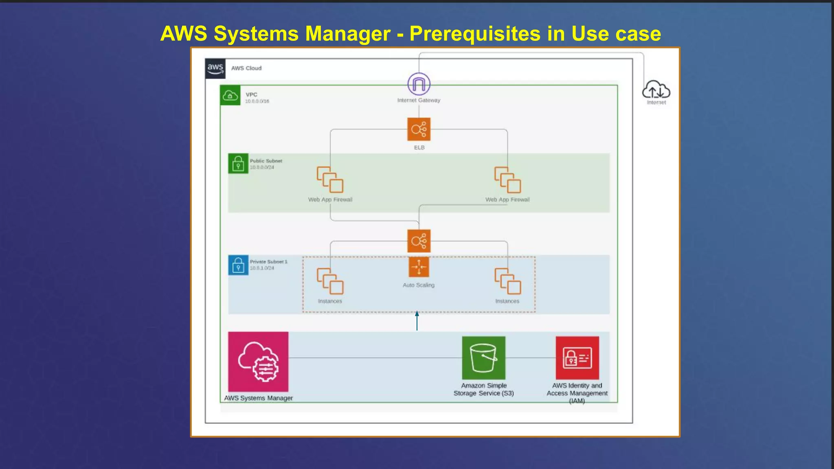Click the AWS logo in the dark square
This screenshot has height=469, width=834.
(x=215, y=68)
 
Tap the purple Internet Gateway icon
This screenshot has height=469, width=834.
(x=419, y=84)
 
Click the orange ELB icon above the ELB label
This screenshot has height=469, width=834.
(x=419, y=129)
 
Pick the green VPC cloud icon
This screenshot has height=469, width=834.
(x=230, y=95)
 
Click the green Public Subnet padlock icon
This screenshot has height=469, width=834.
(x=238, y=164)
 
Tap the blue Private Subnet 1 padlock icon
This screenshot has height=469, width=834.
(x=238, y=265)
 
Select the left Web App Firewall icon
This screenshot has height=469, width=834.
(x=330, y=180)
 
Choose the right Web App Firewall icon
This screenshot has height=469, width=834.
(x=507, y=180)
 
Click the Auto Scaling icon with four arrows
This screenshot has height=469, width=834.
(x=419, y=267)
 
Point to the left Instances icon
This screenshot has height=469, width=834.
(x=330, y=281)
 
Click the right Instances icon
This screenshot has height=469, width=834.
(x=507, y=281)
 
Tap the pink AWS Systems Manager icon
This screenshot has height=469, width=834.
(x=258, y=362)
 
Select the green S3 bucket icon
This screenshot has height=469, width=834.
(x=483, y=357)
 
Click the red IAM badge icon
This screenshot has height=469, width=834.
(x=577, y=357)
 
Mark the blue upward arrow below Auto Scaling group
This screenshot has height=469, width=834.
(x=417, y=320)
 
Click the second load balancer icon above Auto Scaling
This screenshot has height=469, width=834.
(x=419, y=241)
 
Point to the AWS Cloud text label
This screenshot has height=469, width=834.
(x=246, y=68)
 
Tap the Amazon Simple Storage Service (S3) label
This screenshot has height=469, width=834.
(x=483, y=389)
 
